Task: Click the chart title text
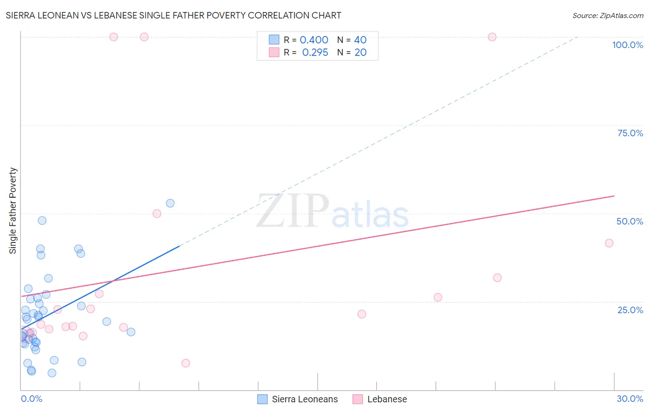click(x=174, y=15)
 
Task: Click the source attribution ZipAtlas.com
click(x=607, y=16)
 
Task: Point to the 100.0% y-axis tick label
click(x=627, y=45)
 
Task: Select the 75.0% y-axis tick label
click(x=630, y=133)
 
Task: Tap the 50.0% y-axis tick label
click(x=630, y=221)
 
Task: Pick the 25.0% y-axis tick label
click(x=630, y=310)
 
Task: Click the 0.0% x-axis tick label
click(x=31, y=399)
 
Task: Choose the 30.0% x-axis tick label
click(x=630, y=399)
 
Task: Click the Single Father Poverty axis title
click(x=13, y=211)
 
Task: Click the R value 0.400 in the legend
click(x=314, y=40)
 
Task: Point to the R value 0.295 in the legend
click(x=315, y=53)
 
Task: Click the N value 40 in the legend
click(x=360, y=40)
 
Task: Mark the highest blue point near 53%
click(x=170, y=203)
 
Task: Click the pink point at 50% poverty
click(x=157, y=213)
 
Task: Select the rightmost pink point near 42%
click(x=609, y=243)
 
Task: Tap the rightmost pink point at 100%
click(x=492, y=37)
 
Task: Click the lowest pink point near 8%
click(x=186, y=363)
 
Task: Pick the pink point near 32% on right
click(x=497, y=278)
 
